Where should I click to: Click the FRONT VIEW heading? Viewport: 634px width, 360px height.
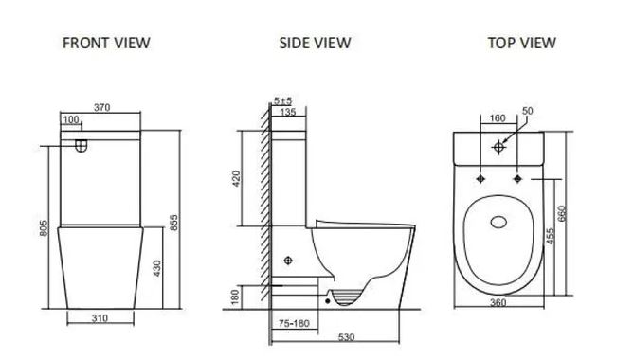106,43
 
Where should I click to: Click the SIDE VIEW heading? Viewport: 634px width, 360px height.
315,43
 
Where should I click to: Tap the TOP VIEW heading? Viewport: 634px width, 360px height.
521,43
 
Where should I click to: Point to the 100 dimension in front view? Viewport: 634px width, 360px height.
71,120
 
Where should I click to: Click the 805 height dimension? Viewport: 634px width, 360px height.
44,228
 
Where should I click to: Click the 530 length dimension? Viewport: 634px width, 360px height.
346,336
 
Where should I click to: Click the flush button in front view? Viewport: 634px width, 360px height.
82,146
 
